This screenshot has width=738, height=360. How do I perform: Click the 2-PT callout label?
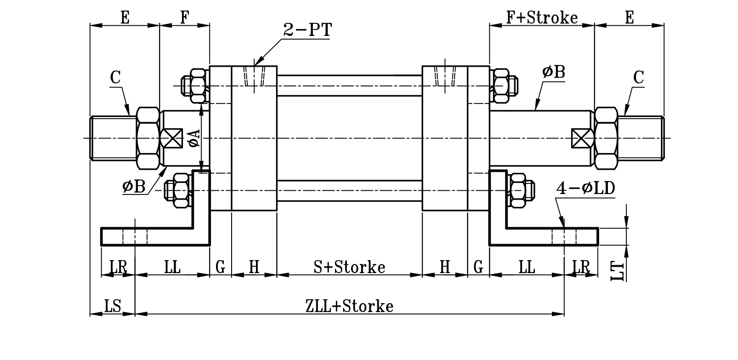(x=307, y=30)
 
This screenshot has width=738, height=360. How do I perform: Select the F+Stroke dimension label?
(x=541, y=17)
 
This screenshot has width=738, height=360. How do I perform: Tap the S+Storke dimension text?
(x=349, y=267)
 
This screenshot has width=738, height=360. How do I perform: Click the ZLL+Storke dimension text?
(x=349, y=306)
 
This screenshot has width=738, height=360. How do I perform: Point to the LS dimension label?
(x=112, y=306)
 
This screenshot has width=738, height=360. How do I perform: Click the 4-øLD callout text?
(x=585, y=189)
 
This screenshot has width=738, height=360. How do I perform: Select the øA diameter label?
(x=194, y=138)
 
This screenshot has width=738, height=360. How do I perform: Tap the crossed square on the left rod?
(x=171, y=138)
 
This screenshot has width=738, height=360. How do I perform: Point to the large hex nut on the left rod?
(x=148, y=138)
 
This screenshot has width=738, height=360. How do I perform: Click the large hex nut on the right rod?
(x=606, y=138)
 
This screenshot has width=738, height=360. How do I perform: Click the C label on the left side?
(x=115, y=77)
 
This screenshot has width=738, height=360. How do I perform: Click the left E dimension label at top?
(x=125, y=17)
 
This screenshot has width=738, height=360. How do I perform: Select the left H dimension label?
(x=254, y=267)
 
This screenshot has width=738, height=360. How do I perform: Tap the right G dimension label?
(x=478, y=267)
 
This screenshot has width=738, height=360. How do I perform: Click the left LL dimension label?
(x=172, y=267)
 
